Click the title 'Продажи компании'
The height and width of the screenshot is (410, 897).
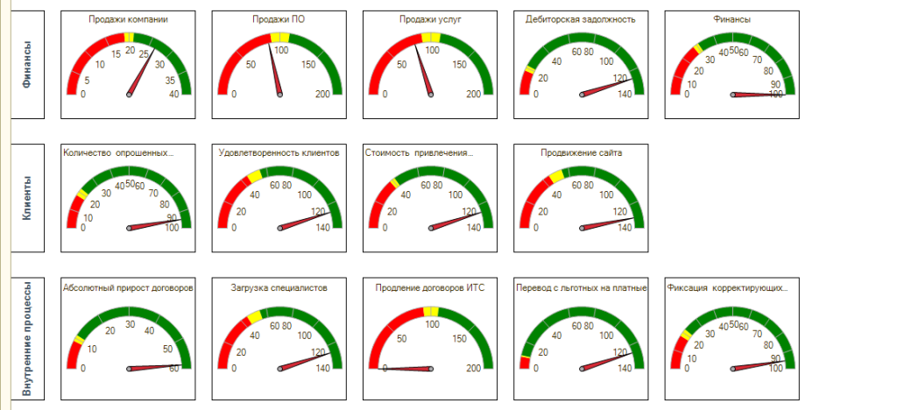tap(128, 18)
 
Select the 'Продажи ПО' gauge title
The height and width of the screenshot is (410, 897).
tap(279, 18)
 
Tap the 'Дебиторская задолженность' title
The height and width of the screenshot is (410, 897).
tap(581, 18)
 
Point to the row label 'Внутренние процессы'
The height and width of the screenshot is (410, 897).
tap(27, 337)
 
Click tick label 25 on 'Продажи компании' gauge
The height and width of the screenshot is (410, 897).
tap(144, 54)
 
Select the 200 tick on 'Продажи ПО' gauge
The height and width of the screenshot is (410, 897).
tap(323, 94)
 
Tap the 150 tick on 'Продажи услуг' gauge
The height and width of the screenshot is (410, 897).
tap(459, 65)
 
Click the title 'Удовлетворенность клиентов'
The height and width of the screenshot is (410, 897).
tap(279, 152)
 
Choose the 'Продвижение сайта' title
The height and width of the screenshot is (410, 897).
tap(582, 152)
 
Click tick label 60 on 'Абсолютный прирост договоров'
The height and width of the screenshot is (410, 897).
tap(174, 369)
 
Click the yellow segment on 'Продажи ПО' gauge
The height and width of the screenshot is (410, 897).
tap(279, 37)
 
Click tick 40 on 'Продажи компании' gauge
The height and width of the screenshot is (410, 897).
tap(174, 94)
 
